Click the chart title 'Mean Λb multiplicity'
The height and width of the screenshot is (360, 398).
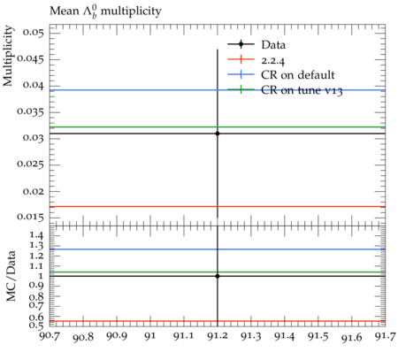(x=105, y=11)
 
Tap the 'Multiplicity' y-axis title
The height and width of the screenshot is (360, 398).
(x=8, y=56)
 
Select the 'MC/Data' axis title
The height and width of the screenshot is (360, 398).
(x=11, y=276)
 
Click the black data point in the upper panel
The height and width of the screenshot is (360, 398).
(x=218, y=134)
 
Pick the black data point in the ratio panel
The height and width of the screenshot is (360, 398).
(x=218, y=276)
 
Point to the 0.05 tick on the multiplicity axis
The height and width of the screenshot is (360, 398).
(x=33, y=32)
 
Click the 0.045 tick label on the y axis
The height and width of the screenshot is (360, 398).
(x=30, y=58)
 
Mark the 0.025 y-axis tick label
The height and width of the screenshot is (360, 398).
(x=30, y=164)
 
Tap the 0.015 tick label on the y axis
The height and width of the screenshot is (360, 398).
(x=30, y=217)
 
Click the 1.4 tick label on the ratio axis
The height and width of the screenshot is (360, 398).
(x=36, y=235)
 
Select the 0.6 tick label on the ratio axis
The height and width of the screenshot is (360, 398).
(x=36, y=318)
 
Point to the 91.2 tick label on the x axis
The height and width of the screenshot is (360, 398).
(x=218, y=336)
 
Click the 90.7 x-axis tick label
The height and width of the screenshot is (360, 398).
(x=50, y=336)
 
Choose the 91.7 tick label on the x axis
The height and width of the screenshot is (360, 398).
(x=385, y=336)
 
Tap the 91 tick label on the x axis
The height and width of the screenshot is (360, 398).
(x=150, y=336)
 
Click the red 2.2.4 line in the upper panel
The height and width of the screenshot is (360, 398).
(x=218, y=207)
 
